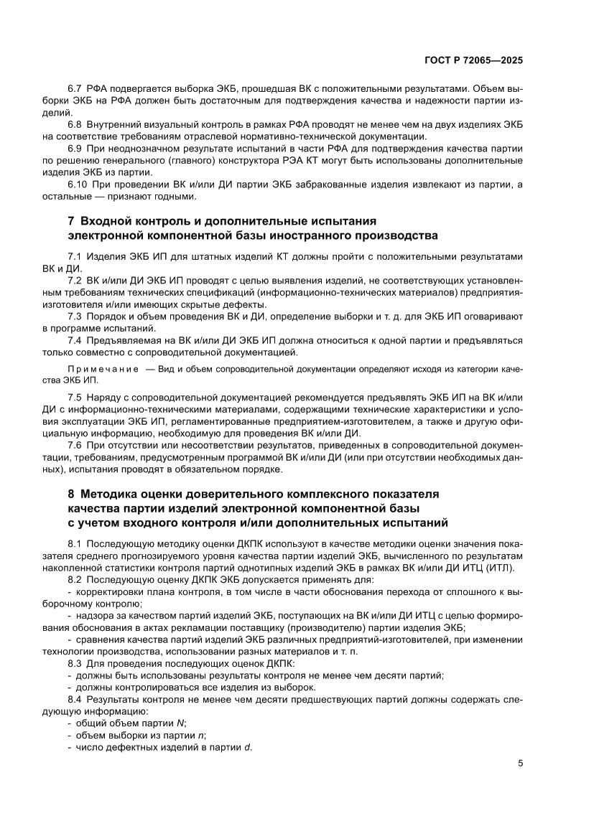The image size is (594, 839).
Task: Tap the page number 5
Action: click(x=520, y=763)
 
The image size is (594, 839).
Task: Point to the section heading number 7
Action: click(x=71, y=220)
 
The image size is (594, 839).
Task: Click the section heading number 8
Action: click(x=71, y=495)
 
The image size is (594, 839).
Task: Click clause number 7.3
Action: click(x=75, y=316)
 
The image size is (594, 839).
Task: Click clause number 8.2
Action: click(x=75, y=578)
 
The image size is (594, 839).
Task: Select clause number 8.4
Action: click(x=75, y=699)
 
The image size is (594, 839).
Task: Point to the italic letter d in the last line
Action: click(x=247, y=748)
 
